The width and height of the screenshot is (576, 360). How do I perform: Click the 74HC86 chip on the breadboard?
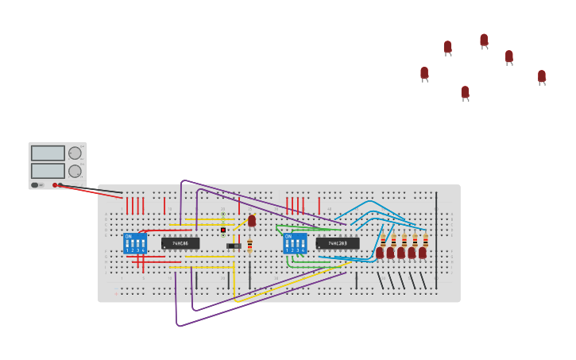[x=180, y=243]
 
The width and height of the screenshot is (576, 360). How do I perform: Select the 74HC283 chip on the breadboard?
[x=338, y=243]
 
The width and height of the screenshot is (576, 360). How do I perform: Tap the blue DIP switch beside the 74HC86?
[x=134, y=242]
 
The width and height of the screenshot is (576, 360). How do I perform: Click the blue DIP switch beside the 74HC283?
[x=295, y=242]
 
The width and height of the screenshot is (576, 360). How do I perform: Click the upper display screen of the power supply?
[x=48, y=153]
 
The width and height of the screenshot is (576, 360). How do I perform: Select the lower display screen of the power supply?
[x=48, y=170]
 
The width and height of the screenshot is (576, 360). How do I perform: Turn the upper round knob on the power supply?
[x=75, y=153]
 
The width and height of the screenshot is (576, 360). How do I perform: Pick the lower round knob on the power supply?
[x=75, y=171]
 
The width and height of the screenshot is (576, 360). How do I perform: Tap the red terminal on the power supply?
[x=55, y=185]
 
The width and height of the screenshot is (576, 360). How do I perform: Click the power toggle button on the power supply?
[x=35, y=185]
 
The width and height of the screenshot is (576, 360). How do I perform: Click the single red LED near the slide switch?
[x=252, y=220]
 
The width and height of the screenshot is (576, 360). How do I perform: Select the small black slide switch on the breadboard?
[x=234, y=246]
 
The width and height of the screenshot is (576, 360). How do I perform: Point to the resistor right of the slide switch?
[x=249, y=245]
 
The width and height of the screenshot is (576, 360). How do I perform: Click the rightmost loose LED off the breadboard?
[x=542, y=76]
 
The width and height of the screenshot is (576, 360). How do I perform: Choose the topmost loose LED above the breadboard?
[x=484, y=40]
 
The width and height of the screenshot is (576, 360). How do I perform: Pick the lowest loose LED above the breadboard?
[x=465, y=92]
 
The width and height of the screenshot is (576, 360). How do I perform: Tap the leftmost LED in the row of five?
[x=380, y=252]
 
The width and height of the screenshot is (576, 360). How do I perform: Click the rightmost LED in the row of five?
[x=423, y=252]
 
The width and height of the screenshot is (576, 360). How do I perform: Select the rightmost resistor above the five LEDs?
[x=425, y=239]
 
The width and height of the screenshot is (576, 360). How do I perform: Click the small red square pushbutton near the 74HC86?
[x=223, y=230]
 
